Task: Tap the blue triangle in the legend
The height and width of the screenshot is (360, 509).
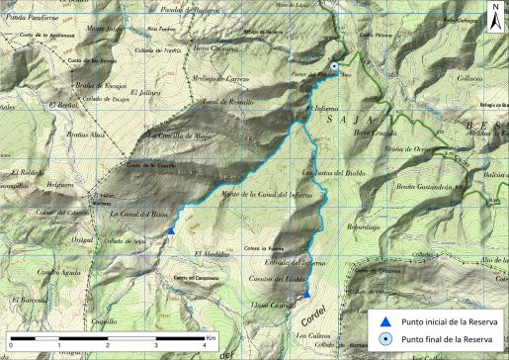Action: tap(386, 321)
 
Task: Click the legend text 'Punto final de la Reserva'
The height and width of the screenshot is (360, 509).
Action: tap(450, 340)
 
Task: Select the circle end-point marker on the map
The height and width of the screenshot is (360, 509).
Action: tap(335, 67)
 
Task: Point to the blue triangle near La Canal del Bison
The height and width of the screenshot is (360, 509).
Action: tap(170, 230)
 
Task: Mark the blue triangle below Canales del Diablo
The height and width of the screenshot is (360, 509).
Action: tap(306, 293)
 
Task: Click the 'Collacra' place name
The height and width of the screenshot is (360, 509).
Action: tap(467, 79)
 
